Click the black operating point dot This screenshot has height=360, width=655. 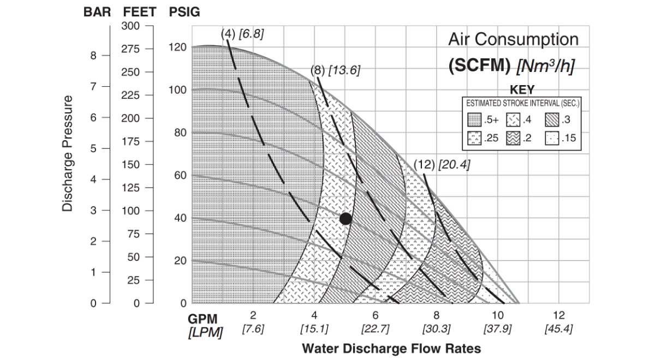click(345, 219)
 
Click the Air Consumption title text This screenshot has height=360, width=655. click(513, 39)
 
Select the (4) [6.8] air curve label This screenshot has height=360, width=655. click(242, 34)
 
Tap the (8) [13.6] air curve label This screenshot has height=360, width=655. click(335, 70)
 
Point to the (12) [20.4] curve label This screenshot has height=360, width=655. click(441, 164)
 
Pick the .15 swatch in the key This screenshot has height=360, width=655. click(552, 138)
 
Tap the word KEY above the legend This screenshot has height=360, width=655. click(521, 89)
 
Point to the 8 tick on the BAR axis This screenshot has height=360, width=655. click(93, 55)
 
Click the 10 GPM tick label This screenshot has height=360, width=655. click(497, 315)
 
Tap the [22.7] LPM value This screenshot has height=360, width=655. click(375, 329)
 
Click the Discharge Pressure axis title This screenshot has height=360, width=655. click(67, 153)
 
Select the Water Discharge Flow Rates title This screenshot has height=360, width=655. click(391, 348)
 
